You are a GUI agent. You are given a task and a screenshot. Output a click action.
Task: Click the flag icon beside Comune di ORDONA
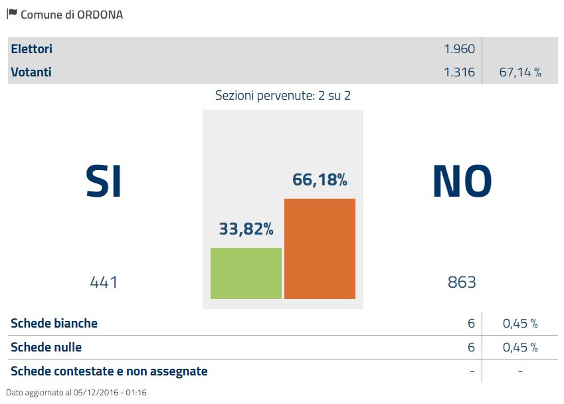coord(12,13)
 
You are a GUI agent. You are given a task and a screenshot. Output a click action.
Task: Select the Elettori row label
coord(31,49)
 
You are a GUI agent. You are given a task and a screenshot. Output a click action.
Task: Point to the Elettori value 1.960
coord(459,49)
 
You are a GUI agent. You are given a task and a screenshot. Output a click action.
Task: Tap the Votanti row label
coord(31,72)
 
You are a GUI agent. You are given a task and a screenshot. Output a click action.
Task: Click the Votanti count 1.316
coord(459,72)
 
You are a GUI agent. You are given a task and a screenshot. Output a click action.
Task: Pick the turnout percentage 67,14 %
coord(519,72)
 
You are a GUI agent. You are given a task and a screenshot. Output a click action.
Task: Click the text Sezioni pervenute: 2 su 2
coord(283,95)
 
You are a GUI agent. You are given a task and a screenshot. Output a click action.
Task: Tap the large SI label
coord(104,181)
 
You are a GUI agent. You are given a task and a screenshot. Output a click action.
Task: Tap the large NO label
coord(462,181)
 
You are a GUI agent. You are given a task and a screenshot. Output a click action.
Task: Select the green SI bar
coord(246,273)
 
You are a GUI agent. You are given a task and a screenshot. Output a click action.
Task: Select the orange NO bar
coord(320,249)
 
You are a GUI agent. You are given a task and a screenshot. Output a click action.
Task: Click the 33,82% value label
coord(246,229)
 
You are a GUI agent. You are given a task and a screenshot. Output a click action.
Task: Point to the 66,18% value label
coord(320,180)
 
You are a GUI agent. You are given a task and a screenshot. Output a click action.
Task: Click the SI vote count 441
coord(104,282)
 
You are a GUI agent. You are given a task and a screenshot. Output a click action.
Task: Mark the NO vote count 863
coord(462,282)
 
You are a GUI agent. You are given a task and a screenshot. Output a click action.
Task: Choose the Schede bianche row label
coord(54,324)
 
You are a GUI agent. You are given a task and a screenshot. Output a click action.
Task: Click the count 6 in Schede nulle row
coord(471,347)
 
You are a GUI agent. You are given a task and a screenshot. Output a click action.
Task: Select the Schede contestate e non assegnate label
coord(110,371)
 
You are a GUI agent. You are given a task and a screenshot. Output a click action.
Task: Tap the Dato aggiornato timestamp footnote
coord(76,393)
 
